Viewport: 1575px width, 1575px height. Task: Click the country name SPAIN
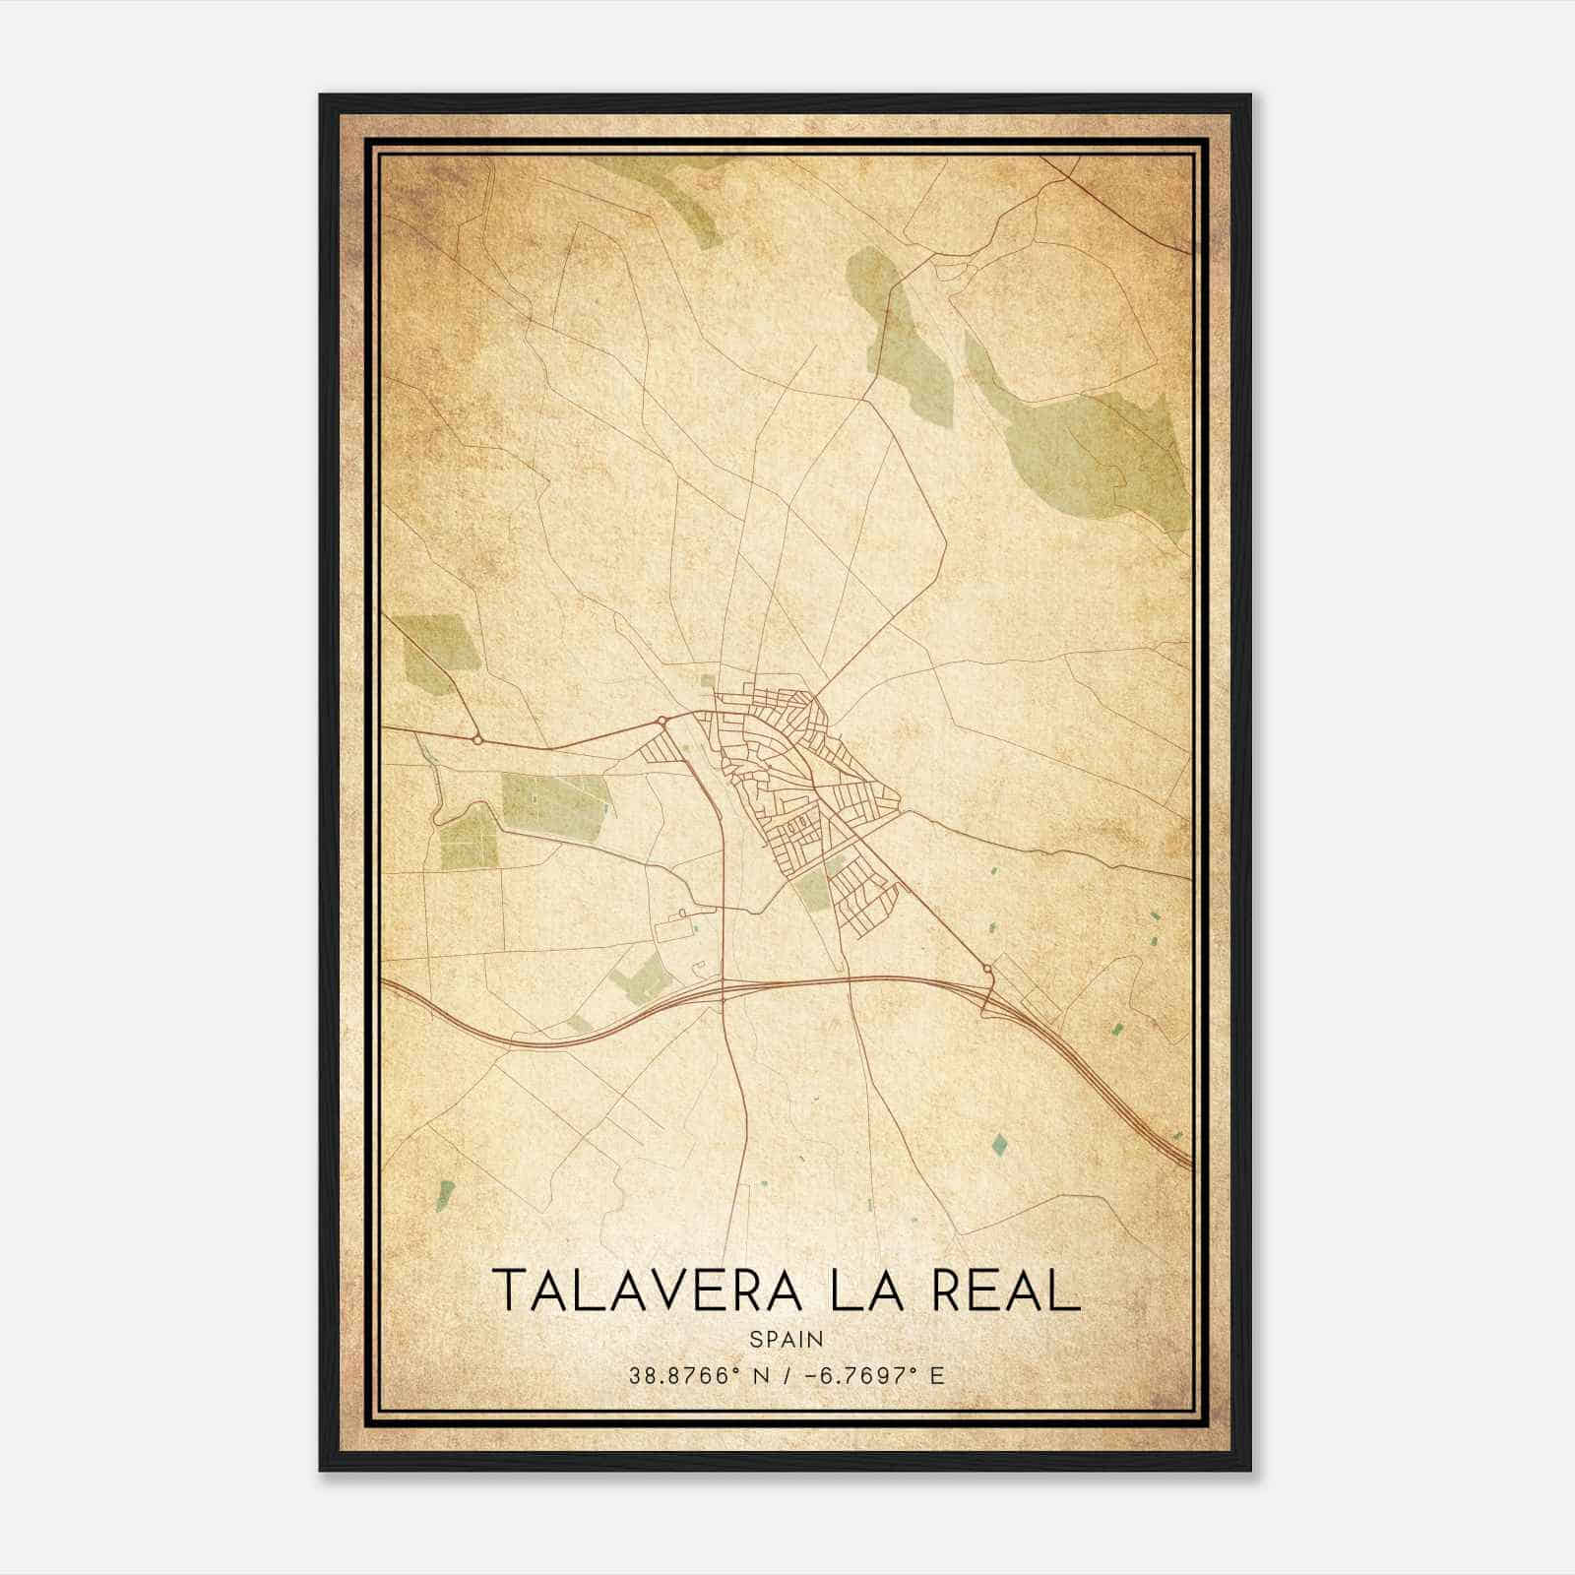[x=787, y=1339]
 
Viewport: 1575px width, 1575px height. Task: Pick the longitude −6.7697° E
[x=874, y=1375]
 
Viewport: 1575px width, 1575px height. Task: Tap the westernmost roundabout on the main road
[x=477, y=738]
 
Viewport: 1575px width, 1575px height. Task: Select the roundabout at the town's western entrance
[x=662, y=722]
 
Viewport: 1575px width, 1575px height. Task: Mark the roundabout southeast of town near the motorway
[x=987, y=970]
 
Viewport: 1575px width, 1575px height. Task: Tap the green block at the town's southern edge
[x=813, y=892]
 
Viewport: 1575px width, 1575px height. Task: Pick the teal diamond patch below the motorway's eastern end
[x=1000, y=1143]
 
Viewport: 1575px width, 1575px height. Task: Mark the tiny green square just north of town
[x=708, y=679]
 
